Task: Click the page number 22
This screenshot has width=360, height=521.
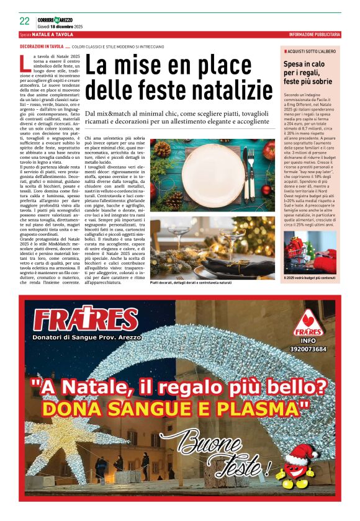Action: pos(24,20)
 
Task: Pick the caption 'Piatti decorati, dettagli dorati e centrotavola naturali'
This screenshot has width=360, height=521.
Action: pos(189,283)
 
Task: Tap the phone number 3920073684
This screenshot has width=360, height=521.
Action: pos(307,349)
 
